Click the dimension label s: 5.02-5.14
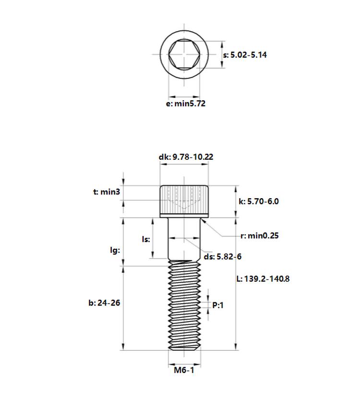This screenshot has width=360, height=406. pyautogui.click(x=245, y=55)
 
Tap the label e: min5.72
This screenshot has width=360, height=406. pyautogui.click(x=185, y=104)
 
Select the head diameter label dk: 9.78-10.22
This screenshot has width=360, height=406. pyautogui.click(x=186, y=157)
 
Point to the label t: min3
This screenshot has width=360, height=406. pyautogui.click(x=107, y=192)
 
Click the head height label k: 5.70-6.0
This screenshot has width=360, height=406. pyautogui.click(x=258, y=202)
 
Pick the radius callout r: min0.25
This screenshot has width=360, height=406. pyautogui.click(x=260, y=236)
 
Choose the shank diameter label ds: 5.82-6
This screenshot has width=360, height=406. pyautogui.click(x=222, y=257)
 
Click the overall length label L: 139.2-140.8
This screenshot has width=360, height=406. pyautogui.click(x=263, y=279)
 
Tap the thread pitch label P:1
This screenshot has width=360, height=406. pyautogui.click(x=218, y=305)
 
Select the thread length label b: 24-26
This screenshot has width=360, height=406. pyautogui.click(x=104, y=303)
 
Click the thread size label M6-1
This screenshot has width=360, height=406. pyautogui.click(x=184, y=370)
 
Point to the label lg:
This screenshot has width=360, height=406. pyautogui.click(x=115, y=250)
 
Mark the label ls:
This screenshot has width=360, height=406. pyautogui.click(x=146, y=239)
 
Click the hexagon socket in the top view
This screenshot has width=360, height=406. pyautogui.click(x=184, y=55)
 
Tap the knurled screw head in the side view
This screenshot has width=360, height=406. pyautogui.click(x=184, y=202)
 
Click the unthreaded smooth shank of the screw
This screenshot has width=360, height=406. pyautogui.click(x=184, y=239)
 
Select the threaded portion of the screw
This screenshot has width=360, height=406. pyautogui.click(x=184, y=305)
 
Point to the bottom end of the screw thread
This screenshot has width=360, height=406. pyautogui.click(x=184, y=350)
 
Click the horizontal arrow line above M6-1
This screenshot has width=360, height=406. pyautogui.click(x=184, y=364)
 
